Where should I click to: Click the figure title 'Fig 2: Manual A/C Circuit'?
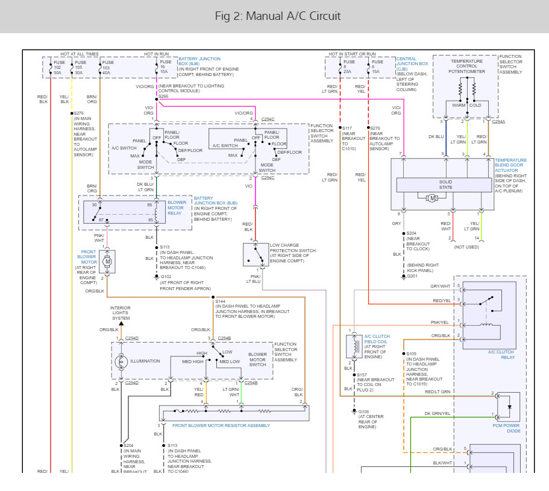click(x=277, y=16)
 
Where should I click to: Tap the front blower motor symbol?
click(x=107, y=261)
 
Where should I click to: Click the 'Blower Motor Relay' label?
click(x=177, y=208)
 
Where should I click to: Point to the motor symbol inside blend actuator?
click(x=432, y=198)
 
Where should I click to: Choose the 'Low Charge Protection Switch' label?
click(x=292, y=253)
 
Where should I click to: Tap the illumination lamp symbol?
click(x=121, y=361)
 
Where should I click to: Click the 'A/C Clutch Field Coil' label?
click(x=377, y=339)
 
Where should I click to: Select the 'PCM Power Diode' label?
click(x=506, y=428)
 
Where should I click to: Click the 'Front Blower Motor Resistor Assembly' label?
click(x=221, y=425)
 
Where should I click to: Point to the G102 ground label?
click(x=166, y=276)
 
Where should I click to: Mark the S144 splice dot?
click(x=213, y=297)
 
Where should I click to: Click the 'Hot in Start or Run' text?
click(x=352, y=54)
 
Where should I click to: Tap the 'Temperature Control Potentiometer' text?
click(x=466, y=66)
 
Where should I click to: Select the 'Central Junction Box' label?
click(x=412, y=62)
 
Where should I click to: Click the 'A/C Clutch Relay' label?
click(x=501, y=355)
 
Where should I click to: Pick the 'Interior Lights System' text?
click(x=121, y=313)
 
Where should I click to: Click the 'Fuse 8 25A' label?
click(x=349, y=66)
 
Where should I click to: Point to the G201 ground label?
click(x=412, y=276)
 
